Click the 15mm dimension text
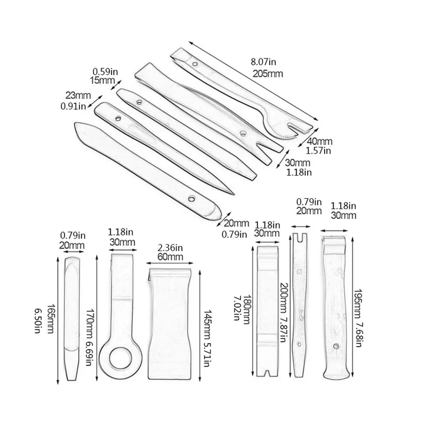click(101, 80)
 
